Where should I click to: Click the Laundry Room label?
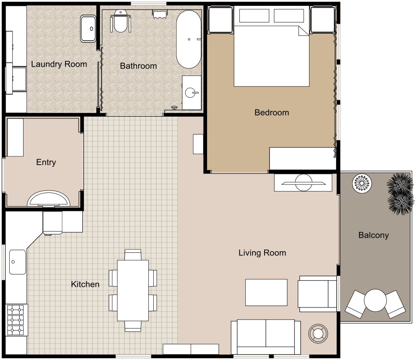pos(59,64)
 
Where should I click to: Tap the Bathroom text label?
pos(138,66)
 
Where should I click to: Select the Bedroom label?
pos(271,113)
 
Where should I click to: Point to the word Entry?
pos(46,163)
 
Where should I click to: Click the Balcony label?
pos(373,235)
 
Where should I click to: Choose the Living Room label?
pos(262,253)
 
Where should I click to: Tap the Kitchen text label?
pos(85,284)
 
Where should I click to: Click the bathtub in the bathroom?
pos(189,39)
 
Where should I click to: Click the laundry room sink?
pos(88,29)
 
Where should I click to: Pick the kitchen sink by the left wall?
pos(17,262)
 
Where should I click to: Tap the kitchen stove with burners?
pos(16,320)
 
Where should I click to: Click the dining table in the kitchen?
pos(133,290)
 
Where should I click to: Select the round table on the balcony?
pos(375,300)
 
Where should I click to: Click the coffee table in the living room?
pos(266,292)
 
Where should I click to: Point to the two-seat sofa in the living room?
pos(265,337)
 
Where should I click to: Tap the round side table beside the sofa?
pos(317,334)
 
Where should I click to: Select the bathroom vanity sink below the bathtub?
pos(192,92)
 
